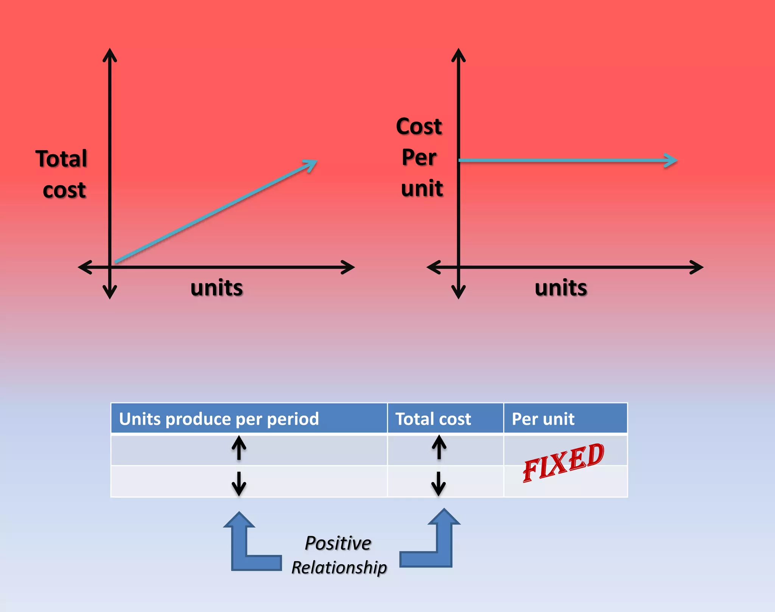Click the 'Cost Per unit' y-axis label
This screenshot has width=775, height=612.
point(420,157)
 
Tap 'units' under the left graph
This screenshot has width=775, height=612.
point(216,288)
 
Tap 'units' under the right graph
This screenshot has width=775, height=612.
point(561,288)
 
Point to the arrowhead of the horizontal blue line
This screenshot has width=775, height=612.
point(672,160)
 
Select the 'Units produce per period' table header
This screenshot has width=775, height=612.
point(219,419)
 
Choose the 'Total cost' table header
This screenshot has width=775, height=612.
point(433,419)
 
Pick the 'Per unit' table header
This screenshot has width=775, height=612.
point(543,419)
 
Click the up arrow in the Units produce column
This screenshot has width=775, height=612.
point(239,448)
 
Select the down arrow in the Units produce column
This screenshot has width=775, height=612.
point(239,483)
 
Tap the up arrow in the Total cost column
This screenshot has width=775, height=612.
point(439,447)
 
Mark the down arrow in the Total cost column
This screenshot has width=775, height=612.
point(439,483)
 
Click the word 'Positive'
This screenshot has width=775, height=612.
point(338,544)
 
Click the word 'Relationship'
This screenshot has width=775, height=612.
point(339,567)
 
